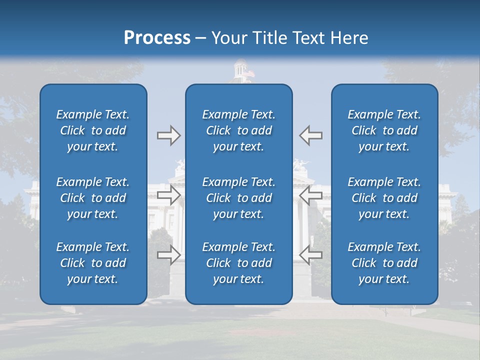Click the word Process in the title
[157, 38]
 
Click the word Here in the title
[349, 38]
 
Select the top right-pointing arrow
[168, 135]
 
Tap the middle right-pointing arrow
[168, 195]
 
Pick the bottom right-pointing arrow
[168, 254]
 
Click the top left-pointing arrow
[311, 135]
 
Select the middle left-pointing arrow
[311, 195]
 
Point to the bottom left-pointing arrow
[311, 254]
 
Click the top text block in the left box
[93, 130]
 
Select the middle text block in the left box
[93, 198]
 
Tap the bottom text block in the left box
[93, 263]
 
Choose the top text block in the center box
[239, 130]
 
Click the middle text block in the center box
[239, 198]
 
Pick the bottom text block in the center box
[239, 263]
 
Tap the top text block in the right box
[384, 130]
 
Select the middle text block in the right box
[384, 198]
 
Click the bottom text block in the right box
[384, 263]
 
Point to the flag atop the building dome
[250, 73]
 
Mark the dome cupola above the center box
[240, 70]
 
